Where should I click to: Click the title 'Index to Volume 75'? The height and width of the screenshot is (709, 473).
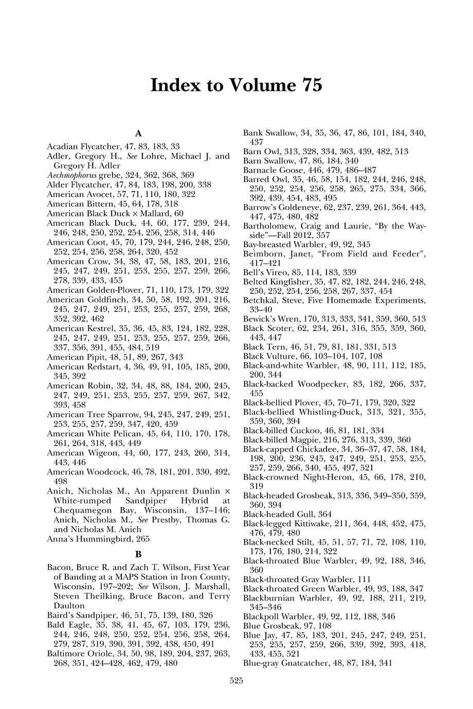[x=236, y=85]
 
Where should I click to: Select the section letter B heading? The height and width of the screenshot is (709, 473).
[x=138, y=554]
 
